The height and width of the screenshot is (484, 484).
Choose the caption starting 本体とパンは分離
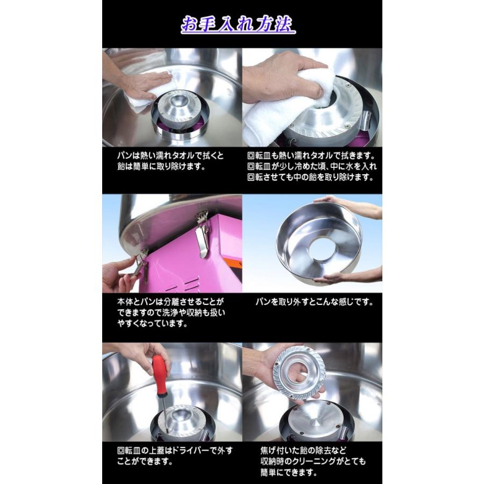click(171, 312)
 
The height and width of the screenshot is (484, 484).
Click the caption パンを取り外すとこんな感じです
click(314, 302)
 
